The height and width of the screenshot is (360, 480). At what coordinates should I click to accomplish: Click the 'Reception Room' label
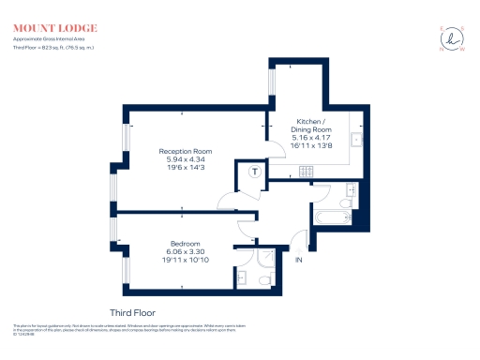coord(185,151)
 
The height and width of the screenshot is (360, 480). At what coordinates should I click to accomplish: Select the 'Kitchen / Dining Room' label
coord(311,127)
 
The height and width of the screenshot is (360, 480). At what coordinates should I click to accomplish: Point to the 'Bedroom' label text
coord(185,244)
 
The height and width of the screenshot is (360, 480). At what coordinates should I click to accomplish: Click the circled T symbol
coord(255,172)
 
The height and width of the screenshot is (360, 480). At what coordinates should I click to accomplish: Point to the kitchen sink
coord(356,141)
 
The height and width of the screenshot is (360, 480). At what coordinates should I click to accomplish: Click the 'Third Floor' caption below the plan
coord(132,311)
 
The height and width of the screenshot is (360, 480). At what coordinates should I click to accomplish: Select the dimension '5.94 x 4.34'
coord(185,159)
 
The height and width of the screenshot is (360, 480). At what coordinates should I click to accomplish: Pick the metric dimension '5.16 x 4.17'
coord(311,139)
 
